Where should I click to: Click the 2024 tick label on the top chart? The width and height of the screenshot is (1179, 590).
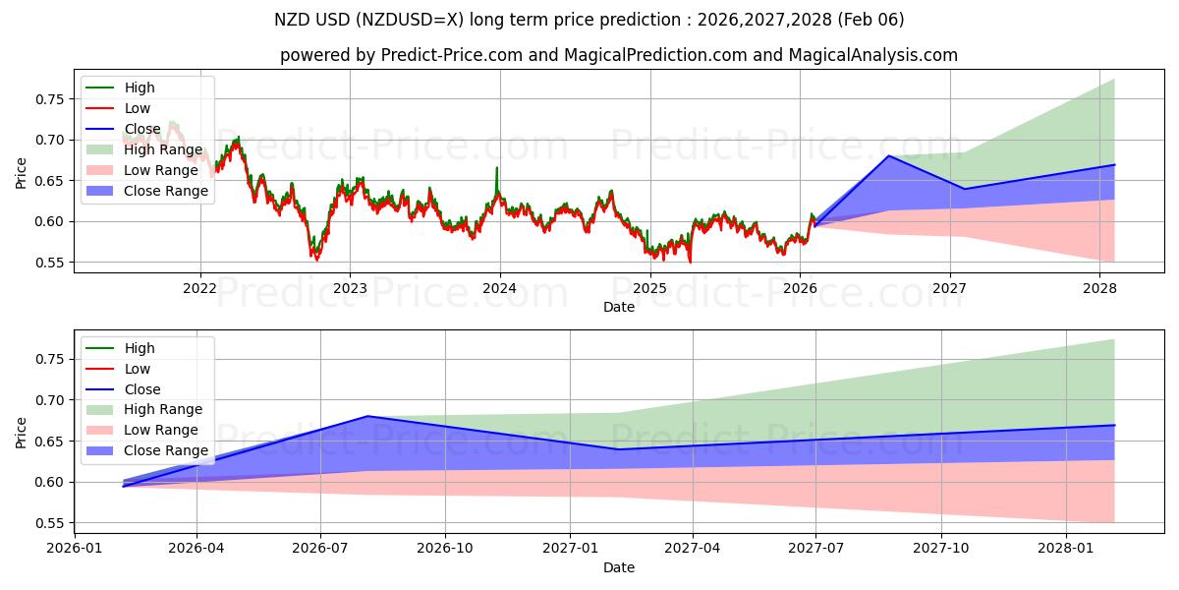(499, 288)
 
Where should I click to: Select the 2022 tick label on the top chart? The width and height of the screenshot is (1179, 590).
(199, 288)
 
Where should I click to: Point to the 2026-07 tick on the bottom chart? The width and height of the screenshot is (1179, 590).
(320, 549)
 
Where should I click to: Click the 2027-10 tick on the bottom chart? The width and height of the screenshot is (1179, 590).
(942, 549)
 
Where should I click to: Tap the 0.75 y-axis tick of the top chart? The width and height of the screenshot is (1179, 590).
(51, 99)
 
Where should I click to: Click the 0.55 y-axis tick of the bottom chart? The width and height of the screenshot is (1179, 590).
(51, 523)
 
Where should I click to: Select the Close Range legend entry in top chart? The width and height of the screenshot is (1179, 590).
(165, 191)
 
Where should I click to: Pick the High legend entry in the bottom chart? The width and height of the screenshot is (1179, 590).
(139, 348)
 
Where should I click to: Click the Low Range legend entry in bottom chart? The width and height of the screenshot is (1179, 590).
(162, 430)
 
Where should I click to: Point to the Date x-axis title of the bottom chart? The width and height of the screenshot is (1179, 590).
(619, 567)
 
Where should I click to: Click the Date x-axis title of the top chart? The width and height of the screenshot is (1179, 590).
(619, 307)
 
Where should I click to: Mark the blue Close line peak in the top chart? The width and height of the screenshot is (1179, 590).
(889, 155)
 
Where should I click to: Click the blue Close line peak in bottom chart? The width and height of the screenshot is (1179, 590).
(368, 416)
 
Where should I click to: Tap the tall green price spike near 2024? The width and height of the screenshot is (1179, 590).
(496, 168)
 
